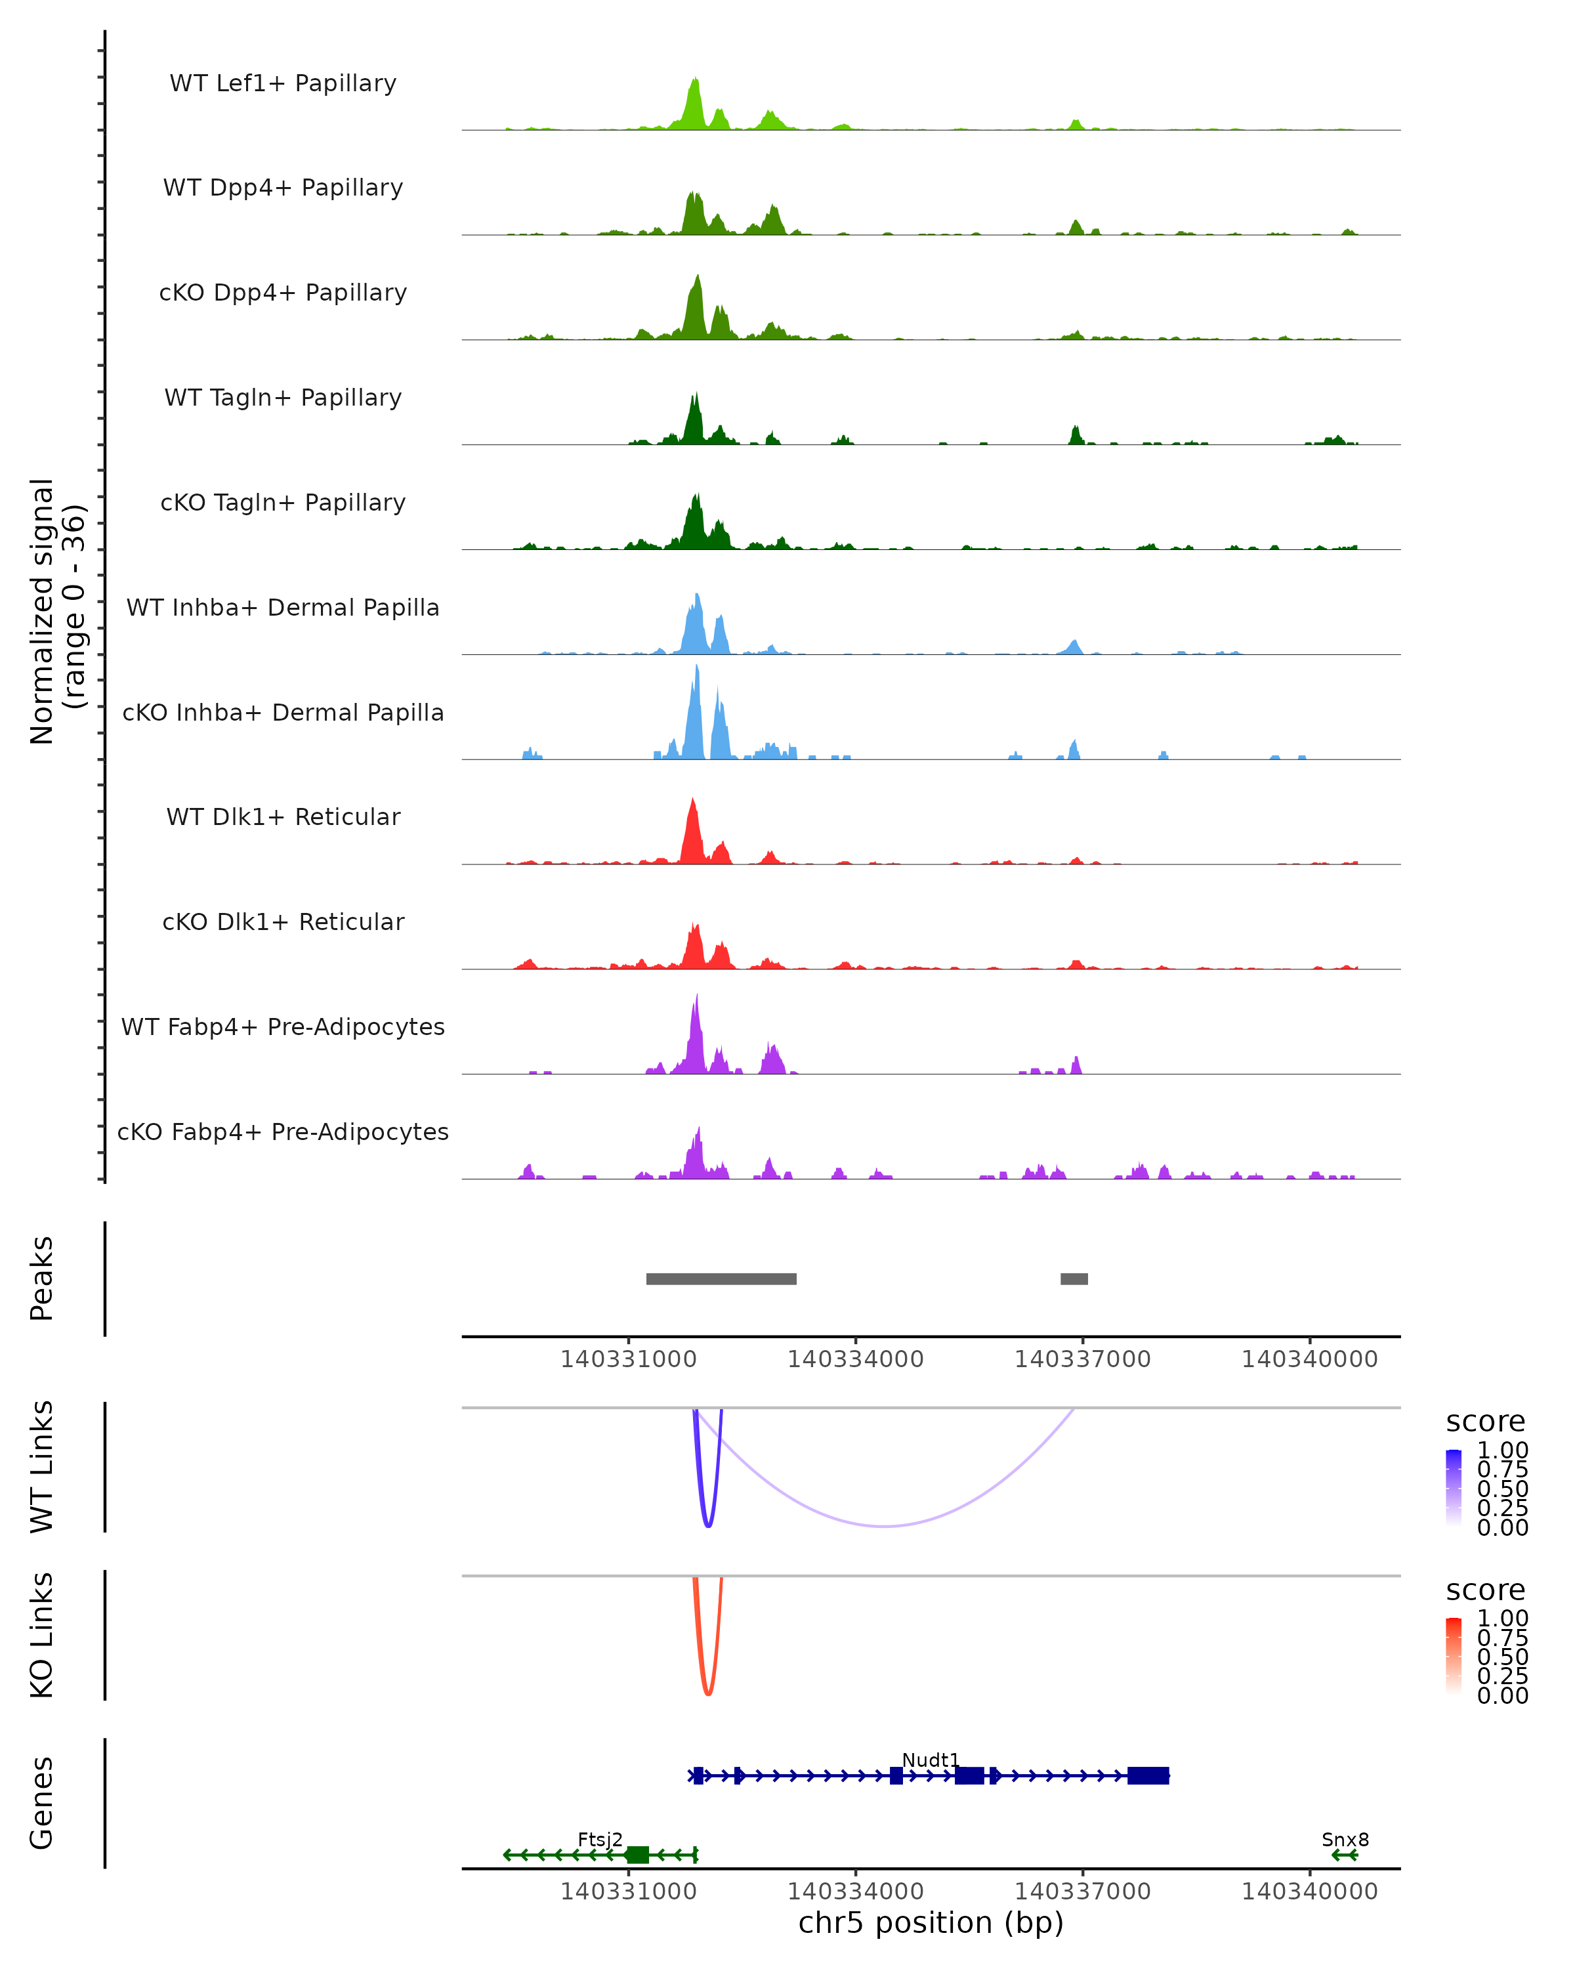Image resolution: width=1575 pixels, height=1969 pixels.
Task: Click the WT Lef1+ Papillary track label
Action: (x=283, y=83)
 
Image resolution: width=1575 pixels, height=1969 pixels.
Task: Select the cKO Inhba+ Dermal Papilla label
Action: (x=283, y=712)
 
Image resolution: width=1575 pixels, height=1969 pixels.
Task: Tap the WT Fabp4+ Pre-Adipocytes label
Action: (x=283, y=1027)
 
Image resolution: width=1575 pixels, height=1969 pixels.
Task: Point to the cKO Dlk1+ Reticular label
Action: (x=283, y=921)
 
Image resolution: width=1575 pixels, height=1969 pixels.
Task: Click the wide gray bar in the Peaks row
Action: (x=721, y=1279)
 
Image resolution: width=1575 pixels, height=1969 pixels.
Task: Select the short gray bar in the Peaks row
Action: (x=1074, y=1279)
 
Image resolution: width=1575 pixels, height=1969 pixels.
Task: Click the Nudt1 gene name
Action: (x=931, y=1760)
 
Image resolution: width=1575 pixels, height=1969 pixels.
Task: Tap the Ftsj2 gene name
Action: (x=600, y=1839)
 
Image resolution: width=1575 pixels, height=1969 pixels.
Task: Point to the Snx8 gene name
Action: (x=1345, y=1839)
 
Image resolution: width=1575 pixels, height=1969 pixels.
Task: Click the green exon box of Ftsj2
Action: (x=637, y=1855)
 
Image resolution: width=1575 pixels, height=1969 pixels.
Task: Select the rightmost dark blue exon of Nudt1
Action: (x=1148, y=1775)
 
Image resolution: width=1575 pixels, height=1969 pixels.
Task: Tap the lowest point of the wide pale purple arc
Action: (x=884, y=1526)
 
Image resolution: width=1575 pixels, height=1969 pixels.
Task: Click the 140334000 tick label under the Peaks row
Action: (x=856, y=1360)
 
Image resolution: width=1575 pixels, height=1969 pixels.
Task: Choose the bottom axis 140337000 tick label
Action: (x=1083, y=1892)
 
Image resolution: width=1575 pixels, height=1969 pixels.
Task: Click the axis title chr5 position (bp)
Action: (x=931, y=1923)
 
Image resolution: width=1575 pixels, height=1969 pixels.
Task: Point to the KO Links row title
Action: (x=42, y=1636)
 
